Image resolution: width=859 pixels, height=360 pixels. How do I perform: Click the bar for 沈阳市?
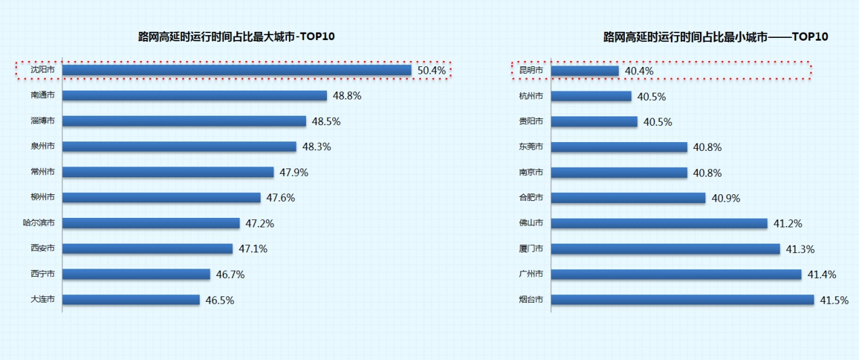coord(237,70)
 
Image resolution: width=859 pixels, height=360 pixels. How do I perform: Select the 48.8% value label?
coord(347,96)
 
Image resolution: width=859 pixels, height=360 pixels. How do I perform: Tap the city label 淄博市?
coord(43,121)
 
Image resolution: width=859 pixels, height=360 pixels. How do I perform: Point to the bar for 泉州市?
coord(179,146)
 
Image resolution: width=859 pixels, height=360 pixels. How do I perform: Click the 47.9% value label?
coord(294,173)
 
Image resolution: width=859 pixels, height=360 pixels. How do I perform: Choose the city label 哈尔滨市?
coord(39,223)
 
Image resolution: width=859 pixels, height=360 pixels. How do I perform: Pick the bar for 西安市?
coord(148,248)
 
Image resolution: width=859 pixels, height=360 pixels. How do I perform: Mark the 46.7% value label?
coord(230,275)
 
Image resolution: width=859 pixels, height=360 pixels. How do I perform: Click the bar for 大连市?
coord(131,299)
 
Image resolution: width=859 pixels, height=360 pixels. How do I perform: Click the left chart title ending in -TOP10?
coord(236,37)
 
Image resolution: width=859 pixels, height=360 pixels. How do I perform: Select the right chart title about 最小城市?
coord(715,37)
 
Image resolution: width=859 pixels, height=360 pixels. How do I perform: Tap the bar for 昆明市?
coord(585,70)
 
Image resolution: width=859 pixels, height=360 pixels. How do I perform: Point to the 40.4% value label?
coord(639,71)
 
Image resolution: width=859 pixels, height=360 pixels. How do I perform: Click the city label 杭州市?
coord(531,96)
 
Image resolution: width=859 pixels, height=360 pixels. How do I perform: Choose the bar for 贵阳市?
coord(594,122)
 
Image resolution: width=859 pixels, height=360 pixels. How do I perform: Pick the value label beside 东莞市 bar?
coord(707,147)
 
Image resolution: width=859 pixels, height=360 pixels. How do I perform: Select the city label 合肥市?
coord(531,198)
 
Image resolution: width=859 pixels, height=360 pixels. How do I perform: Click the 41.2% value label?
coord(788,223)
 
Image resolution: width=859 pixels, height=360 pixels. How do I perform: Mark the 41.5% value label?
coord(834,300)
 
